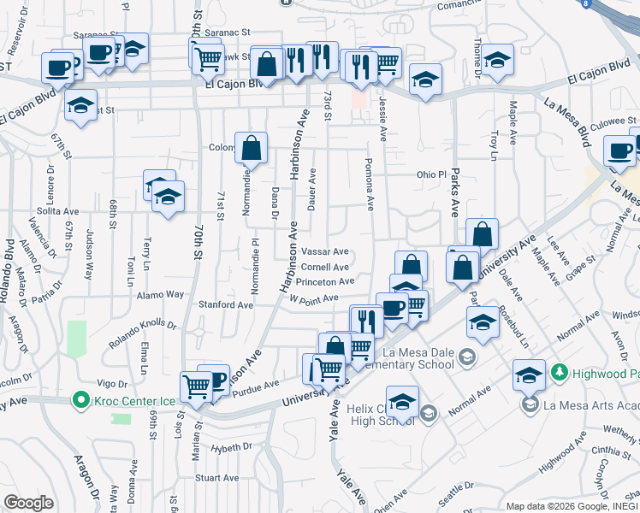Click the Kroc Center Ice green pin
81,399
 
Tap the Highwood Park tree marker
559,373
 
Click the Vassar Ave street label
325,252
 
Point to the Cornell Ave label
324,267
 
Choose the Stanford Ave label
226,304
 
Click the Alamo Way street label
163,294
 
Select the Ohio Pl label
432,174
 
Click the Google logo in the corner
28,503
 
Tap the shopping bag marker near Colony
252,150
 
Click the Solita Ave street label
57,211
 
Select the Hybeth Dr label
231,446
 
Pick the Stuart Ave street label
216,478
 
